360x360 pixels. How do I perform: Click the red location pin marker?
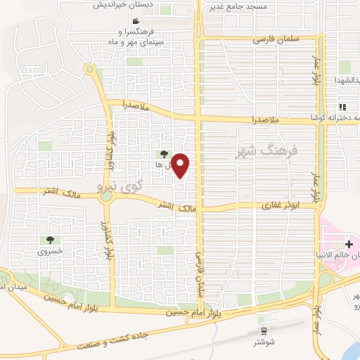pos(181,166)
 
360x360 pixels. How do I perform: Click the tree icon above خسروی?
pos(51,240)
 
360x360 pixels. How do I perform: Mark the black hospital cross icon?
pos(349,243)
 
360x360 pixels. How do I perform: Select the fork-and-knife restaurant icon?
pos(342,107)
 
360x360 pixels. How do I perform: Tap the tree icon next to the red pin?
pos(164,153)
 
